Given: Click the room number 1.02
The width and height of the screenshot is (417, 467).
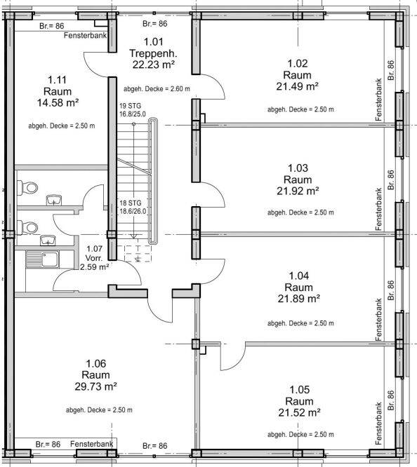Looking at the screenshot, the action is pos(298,63).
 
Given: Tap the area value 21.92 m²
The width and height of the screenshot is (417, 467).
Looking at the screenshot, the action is pos(298,191).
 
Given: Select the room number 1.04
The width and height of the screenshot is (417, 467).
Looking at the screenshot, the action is pos(298,276).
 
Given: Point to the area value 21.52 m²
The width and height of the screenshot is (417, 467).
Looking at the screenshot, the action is pos(299,413).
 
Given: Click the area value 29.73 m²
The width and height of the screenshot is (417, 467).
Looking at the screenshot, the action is pos(95,386).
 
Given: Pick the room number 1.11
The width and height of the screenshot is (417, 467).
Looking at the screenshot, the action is pos(58,80).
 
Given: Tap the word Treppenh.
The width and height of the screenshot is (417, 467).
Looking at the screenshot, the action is pos(153,53).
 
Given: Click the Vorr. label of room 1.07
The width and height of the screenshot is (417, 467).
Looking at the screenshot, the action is pos(93,258).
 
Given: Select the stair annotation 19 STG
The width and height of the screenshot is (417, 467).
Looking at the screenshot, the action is pos(131,106).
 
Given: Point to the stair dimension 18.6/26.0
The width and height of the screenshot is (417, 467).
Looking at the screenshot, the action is pos(133,212).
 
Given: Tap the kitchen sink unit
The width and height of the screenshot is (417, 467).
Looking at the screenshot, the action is pos(42,259).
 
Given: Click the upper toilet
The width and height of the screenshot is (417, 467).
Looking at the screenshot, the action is pos(27,188).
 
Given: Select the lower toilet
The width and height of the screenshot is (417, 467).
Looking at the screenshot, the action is pos(27,228).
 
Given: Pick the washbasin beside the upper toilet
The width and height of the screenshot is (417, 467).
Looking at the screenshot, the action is pos(53,200).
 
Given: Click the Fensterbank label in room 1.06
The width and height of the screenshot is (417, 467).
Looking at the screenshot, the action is pos(91,444).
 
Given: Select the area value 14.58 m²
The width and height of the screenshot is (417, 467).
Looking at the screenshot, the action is pos(58,103).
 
